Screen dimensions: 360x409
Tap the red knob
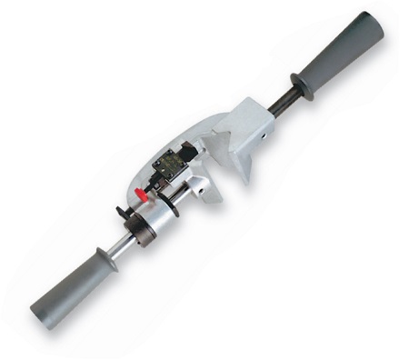(142, 194)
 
